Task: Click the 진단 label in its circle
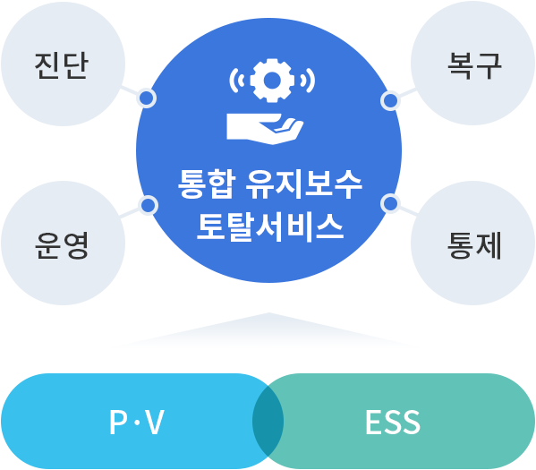click(x=62, y=65)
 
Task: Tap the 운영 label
click(x=62, y=245)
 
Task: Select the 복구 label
click(x=474, y=65)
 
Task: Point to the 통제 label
click(x=474, y=245)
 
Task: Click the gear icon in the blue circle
click(x=272, y=81)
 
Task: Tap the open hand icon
click(x=265, y=129)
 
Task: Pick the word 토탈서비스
click(x=270, y=227)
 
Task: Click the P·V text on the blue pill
click(x=137, y=422)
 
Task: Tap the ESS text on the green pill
click(x=393, y=422)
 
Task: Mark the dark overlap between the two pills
click(x=268, y=421)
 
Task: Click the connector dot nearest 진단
click(x=147, y=98)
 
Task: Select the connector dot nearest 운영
click(x=148, y=205)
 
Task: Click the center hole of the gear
click(x=272, y=81)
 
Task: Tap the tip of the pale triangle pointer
click(x=269, y=312)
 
